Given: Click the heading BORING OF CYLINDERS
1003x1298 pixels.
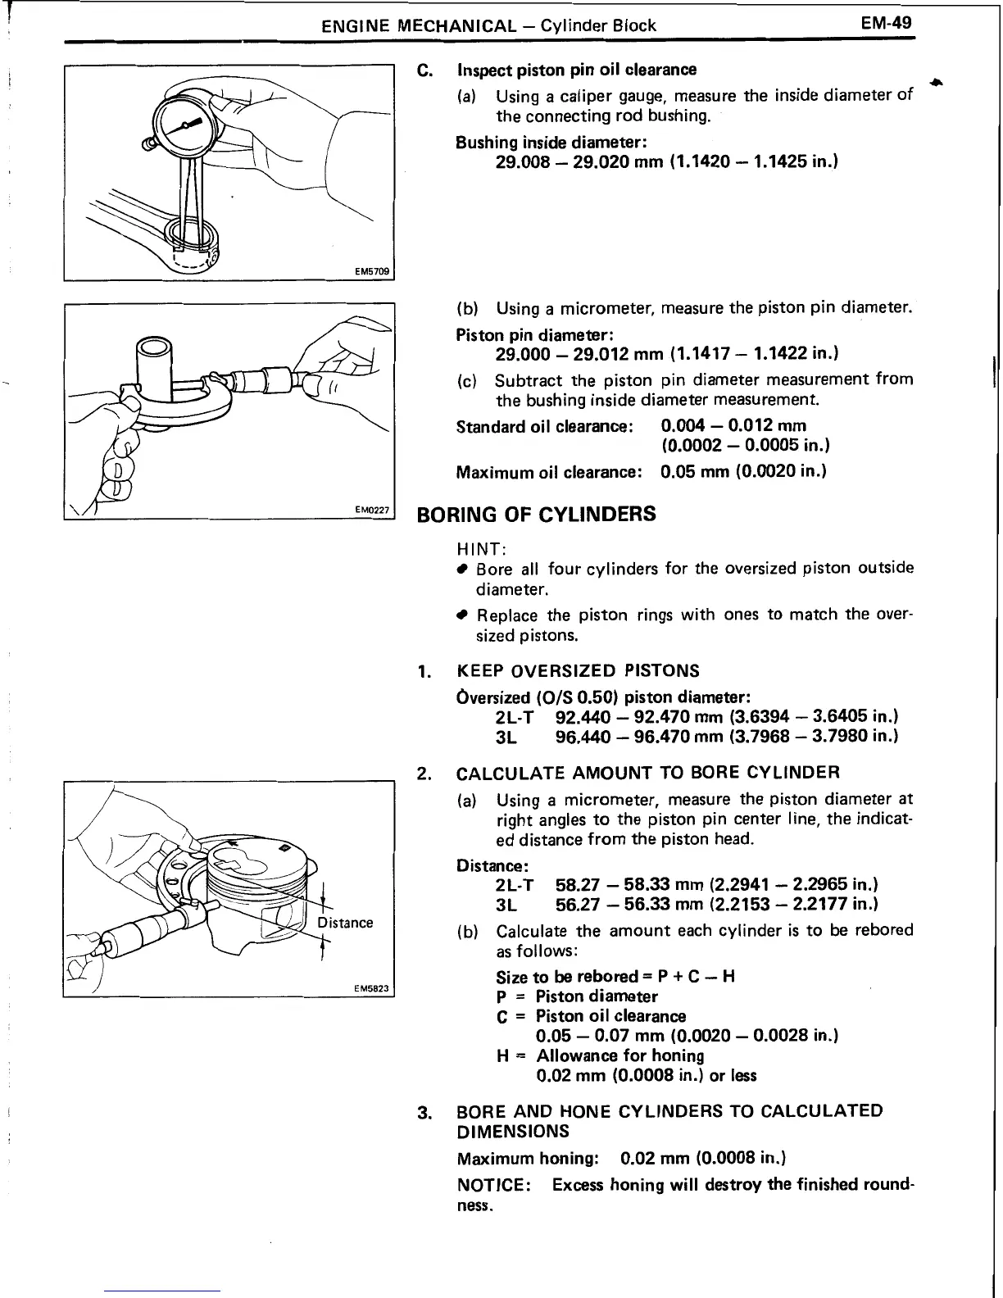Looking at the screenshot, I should tap(537, 515).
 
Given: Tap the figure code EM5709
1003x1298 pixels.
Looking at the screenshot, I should tap(374, 271).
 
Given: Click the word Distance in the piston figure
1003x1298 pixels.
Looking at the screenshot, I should tap(345, 923).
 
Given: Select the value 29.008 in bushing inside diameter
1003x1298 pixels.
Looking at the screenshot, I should tap(525, 161).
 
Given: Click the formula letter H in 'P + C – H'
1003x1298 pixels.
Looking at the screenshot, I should tap(729, 977).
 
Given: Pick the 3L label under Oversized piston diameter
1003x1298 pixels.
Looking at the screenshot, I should tap(506, 737).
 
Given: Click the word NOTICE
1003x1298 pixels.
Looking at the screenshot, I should tap(488, 1185).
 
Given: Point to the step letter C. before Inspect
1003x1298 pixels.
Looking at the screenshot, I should tap(424, 70).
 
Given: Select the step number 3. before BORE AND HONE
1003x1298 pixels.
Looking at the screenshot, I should tap(424, 1113).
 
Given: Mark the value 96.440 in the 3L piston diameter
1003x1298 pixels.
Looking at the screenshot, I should tap(583, 737).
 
